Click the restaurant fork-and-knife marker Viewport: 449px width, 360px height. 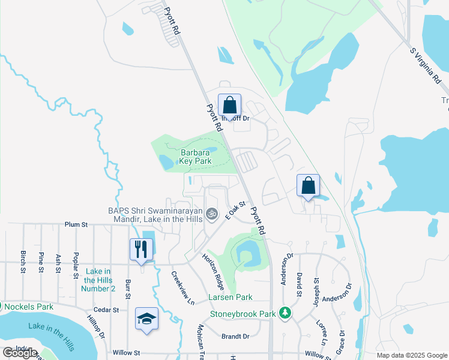(x=142, y=250)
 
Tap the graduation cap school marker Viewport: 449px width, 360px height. (x=146, y=319)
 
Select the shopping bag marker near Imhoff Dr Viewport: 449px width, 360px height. (x=229, y=106)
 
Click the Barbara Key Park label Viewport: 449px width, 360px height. (x=196, y=157)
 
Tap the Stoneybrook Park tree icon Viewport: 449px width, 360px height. (x=286, y=313)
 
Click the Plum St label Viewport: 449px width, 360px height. (x=76, y=224)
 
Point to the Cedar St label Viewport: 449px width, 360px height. (x=107, y=310)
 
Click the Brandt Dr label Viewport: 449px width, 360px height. (x=235, y=337)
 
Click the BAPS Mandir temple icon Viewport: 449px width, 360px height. (x=211, y=213)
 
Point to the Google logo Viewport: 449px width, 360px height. (x=20, y=353)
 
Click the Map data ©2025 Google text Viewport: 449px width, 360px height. (x=412, y=355)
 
